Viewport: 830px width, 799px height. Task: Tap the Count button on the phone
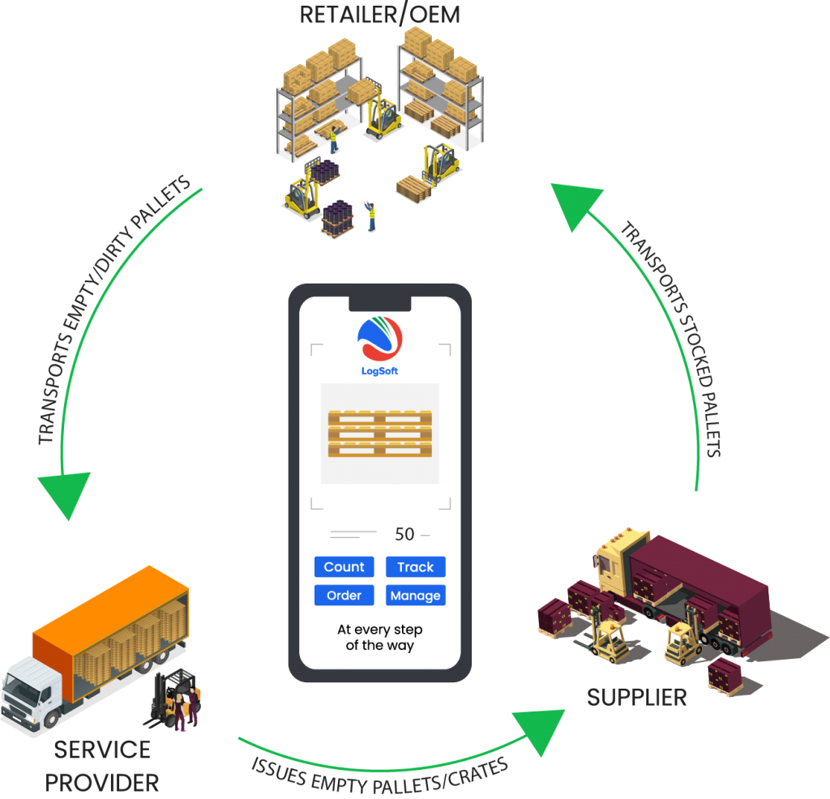[344, 567]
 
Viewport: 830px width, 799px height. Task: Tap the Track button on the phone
[415, 567]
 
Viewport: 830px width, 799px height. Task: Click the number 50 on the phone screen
[404, 534]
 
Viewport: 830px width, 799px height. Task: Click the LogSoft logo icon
[379, 339]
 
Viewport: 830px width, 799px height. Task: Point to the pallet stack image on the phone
[379, 434]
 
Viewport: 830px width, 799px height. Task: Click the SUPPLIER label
[637, 697]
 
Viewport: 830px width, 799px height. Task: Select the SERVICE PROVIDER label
[102, 766]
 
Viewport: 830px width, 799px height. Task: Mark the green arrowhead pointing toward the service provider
[64, 494]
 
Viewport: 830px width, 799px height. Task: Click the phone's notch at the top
[379, 303]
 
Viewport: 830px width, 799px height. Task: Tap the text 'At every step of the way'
[379, 638]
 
